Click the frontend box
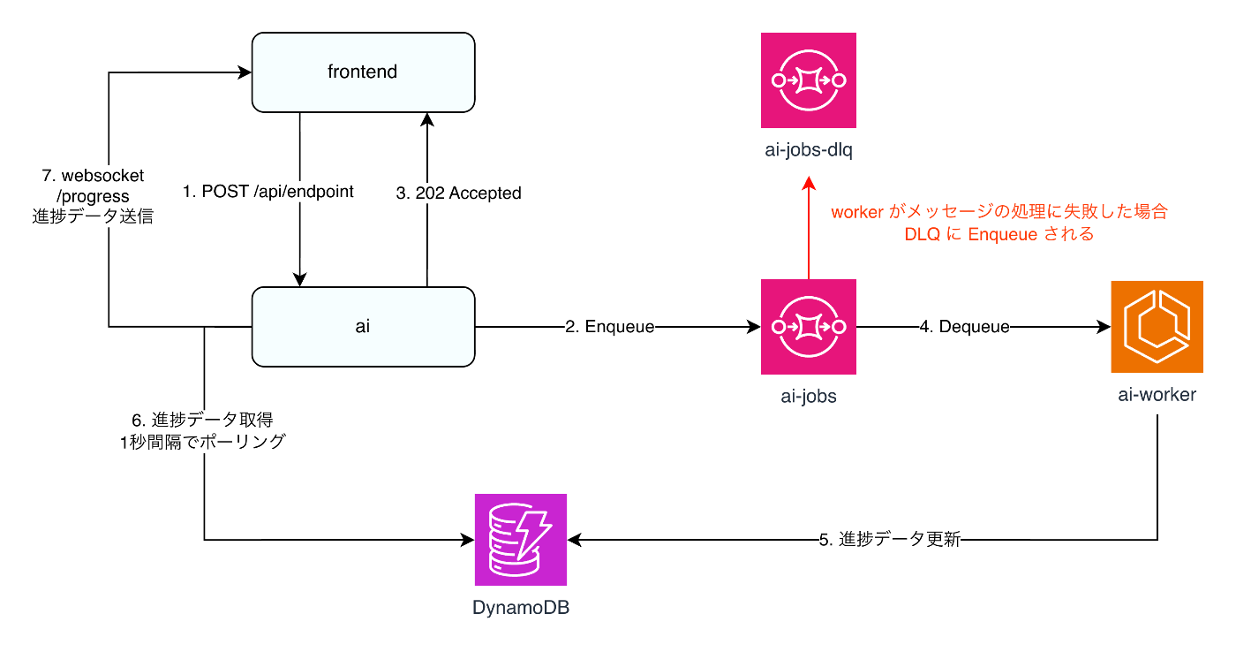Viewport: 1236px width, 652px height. click(x=363, y=72)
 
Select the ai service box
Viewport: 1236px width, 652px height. click(x=363, y=326)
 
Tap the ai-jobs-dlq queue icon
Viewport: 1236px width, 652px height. click(x=808, y=80)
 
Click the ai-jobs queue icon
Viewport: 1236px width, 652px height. click(x=808, y=326)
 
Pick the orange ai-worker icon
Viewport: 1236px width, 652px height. click(x=1157, y=326)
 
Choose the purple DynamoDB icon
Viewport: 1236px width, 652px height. click(x=521, y=539)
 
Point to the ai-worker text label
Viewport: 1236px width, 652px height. click(x=1157, y=395)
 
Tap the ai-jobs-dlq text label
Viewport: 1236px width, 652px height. click(x=808, y=149)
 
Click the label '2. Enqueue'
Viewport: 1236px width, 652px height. click(x=609, y=327)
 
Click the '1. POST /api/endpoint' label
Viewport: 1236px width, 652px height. click(x=268, y=192)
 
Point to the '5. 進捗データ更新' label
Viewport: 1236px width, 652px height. click(x=889, y=540)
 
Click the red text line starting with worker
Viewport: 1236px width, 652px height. click(x=999, y=212)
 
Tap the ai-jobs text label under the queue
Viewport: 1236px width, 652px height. click(x=808, y=396)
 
